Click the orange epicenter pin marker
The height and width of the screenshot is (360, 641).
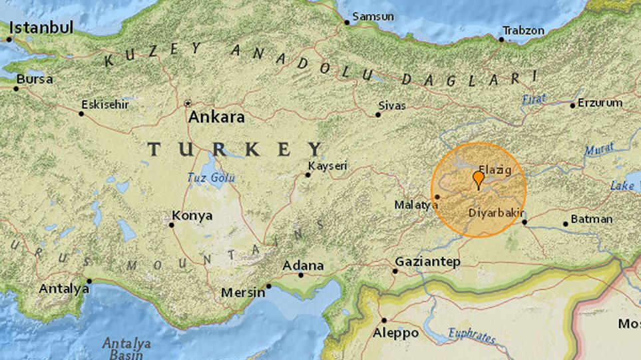coord(478,178)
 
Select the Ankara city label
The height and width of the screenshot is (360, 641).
coord(216,117)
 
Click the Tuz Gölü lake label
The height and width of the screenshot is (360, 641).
coord(211,178)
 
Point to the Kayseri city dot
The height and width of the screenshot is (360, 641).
coord(308,175)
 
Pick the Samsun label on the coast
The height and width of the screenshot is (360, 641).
coord(372,16)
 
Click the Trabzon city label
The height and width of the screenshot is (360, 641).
coord(523,31)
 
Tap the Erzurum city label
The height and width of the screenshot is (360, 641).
coord(600,102)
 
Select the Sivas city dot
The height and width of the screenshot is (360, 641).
coord(377,114)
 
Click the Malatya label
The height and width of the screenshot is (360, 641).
coord(415,205)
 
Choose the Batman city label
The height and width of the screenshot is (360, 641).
coord(592,219)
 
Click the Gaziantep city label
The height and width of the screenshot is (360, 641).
coord(427,262)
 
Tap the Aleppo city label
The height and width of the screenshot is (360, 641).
coord(396,333)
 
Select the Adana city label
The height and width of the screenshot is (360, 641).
coord(303,265)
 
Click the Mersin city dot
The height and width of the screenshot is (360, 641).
coord(269,287)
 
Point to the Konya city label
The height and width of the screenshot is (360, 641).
coord(192,216)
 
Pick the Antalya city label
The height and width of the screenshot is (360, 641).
coord(64,289)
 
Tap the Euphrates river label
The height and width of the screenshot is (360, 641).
coord(471,335)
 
